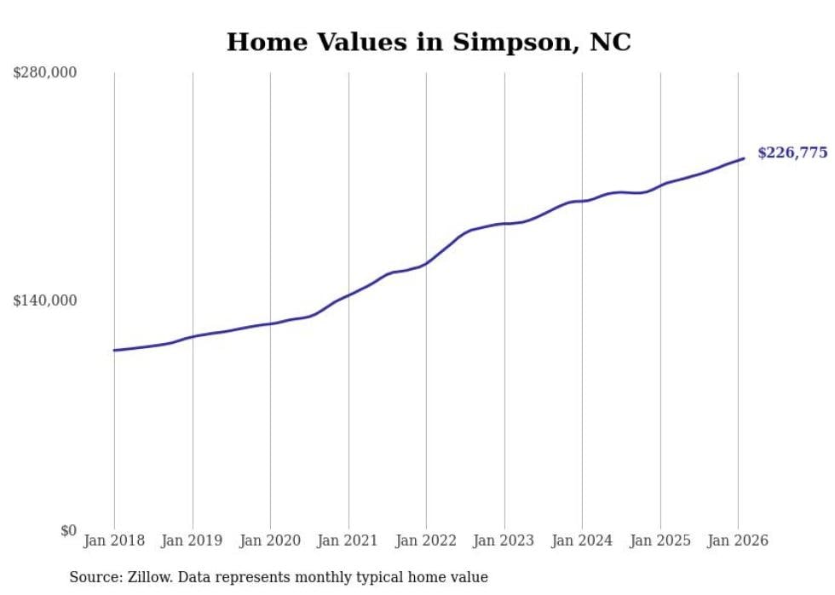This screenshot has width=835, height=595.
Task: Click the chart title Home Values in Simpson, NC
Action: [429, 42]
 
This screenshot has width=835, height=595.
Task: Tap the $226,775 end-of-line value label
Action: [792, 153]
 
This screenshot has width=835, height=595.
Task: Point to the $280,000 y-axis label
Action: [45, 73]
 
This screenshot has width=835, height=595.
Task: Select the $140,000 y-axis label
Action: [45, 300]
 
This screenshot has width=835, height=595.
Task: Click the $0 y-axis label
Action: [68, 530]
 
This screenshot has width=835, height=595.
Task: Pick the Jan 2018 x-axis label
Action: [114, 541]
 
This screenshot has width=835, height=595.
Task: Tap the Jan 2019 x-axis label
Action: [193, 541]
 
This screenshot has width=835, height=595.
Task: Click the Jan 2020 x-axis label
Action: [270, 541]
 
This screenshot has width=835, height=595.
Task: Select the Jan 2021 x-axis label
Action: [348, 541]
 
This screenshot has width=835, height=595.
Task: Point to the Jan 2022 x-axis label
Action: [426, 541]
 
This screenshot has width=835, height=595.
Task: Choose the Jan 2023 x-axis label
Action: [504, 541]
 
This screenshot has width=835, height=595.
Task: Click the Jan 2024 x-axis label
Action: [582, 541]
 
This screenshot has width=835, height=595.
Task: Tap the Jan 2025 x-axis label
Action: [660, 541]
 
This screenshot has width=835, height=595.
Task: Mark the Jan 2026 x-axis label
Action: [738, 541]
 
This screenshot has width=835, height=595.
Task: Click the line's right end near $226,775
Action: [744, 158]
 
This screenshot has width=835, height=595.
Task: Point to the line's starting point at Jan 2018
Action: [114, 350]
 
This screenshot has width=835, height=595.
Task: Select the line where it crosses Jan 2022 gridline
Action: [426, 263]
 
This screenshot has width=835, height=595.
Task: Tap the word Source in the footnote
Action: [93, 577]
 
